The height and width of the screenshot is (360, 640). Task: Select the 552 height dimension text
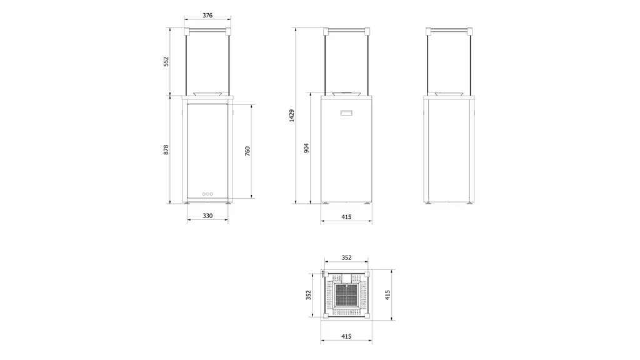pyautogui.click(x=167, y=62)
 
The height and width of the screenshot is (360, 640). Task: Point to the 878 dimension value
pyautogui.click(x=166, y=150)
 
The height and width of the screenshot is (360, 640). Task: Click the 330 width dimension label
pyautogui.click(x=207, y=216)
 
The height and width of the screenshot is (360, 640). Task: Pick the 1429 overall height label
pyautogui.click(x=292, y=116)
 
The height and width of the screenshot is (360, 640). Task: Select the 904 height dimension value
pyautogui.click(x=306, y=148)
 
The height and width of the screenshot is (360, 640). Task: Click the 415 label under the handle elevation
pyautogui.click(x=346, y=217)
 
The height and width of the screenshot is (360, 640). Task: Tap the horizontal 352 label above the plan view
pyautogui.click(x=346, y=257)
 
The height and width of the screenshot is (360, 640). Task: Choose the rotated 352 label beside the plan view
pyautogui.click(x=308, y=294)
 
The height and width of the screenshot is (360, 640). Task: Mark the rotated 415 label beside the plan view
pyautogui.click(x=387, y=294)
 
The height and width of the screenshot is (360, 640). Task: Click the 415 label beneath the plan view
pyautogui.click(x=346, y=336)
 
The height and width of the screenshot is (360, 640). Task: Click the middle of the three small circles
pyautogui.click(x=207, y=194)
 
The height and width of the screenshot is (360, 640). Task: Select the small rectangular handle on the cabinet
pyautogui.click(x=346, y=113)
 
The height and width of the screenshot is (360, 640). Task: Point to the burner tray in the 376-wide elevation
pyautogui.click(x=207, y=94)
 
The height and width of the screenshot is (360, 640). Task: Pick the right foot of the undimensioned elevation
pyautogui.click(x=470, y=202)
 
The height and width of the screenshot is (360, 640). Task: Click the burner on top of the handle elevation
pyautogui.click(x=346, y=94)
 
